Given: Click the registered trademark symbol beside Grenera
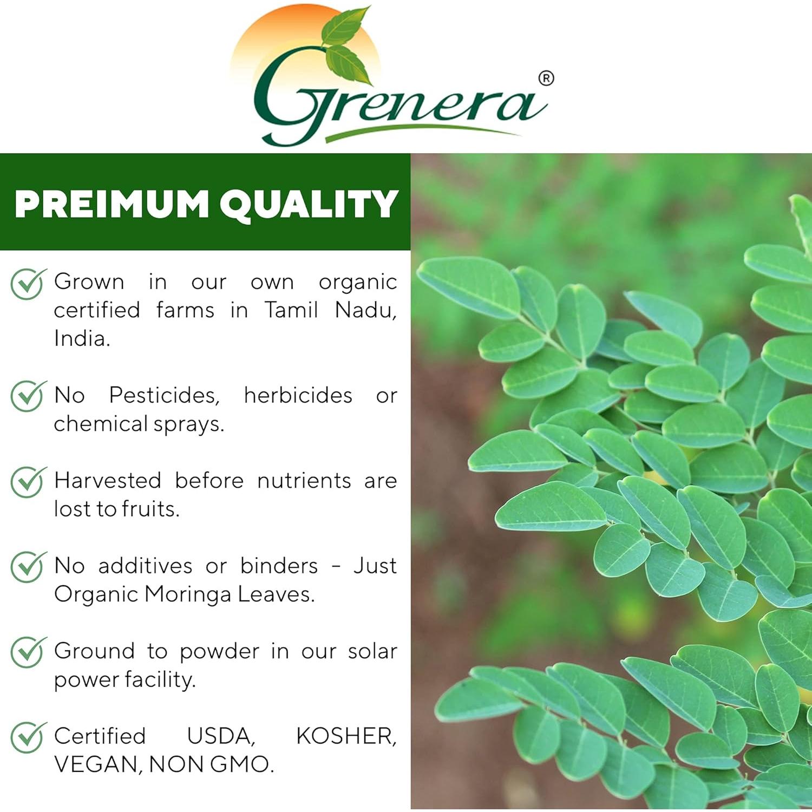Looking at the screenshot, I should (x=546, y=78).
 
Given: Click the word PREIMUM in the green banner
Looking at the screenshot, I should (x=112, y=204).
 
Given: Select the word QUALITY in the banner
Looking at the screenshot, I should (x=309, y=204).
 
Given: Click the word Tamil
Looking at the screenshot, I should (x=291, y=310).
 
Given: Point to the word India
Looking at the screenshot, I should (x=82, y=339).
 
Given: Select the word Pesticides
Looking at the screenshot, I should (x=164, y=396).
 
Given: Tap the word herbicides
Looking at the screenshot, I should (x=298, y=396).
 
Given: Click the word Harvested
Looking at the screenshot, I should (x=108, y=481).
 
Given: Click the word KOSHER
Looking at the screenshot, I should (x=346, y=736).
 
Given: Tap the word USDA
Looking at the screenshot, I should (x=220, y=736).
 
